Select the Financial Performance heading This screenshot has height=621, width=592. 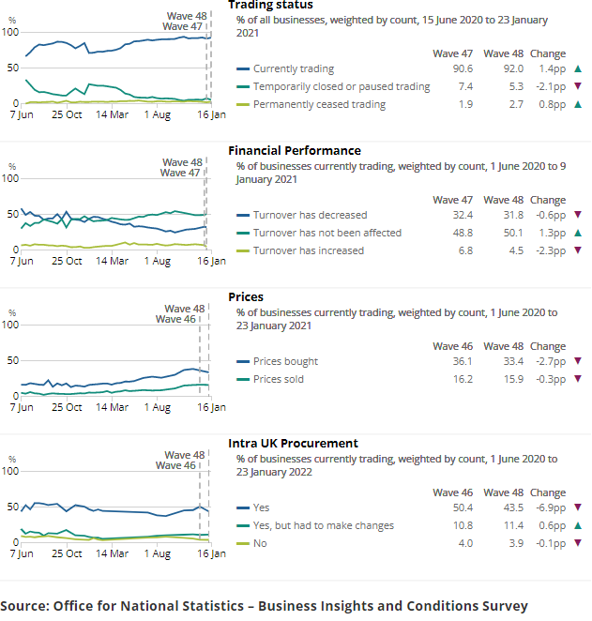295,150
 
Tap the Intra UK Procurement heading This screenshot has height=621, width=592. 293,443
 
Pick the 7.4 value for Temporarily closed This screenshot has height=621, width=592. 461,86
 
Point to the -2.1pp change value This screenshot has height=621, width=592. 547,86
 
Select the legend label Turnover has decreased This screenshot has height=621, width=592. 310,215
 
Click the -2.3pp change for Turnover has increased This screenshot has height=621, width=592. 547,250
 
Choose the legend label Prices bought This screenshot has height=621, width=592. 285,361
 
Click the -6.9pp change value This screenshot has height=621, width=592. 547,507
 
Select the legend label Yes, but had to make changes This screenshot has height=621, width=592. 323,525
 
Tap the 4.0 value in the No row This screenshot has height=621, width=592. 461,543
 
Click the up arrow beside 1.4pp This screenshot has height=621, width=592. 578,68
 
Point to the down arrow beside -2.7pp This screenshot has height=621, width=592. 578,361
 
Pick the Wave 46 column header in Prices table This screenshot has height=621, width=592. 452,346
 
